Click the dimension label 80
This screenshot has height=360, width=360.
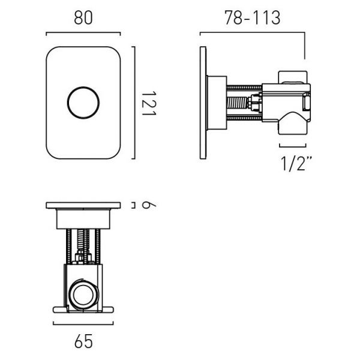tap(83, 17)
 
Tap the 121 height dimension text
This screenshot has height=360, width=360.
tap(149, 103)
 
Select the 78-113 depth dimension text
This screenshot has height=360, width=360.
tap(253, 17)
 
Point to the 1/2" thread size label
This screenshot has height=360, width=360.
tap(296, 163)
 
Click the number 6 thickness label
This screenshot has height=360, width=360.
tap(149, 205)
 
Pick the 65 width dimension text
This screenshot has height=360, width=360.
tap(83, 341)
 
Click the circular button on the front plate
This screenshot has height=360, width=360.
tap(83, 103)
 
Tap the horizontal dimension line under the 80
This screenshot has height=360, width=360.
tap(83, 33)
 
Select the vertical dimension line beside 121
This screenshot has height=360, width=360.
tap(134, 103)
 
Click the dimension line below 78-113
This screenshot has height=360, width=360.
tap(253, 33)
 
